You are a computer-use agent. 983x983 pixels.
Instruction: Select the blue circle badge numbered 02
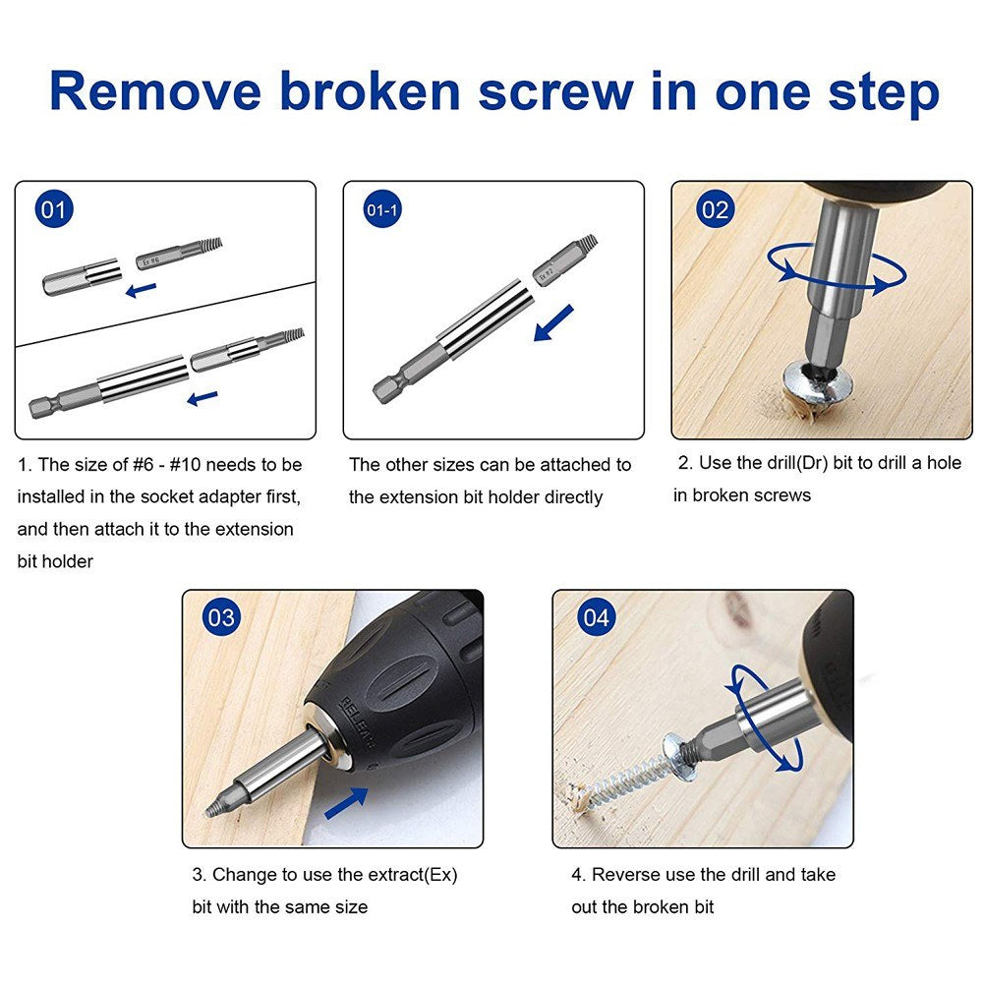coord(715,210)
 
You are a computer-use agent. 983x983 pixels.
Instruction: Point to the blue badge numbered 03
coord(221,617)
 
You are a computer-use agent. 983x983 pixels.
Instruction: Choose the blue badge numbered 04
coord(596,617)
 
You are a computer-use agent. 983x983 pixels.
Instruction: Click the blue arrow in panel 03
coord(345,801)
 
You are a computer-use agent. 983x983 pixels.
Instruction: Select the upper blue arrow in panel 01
coord(142,289)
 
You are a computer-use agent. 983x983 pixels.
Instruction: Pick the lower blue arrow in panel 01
coord(202,398)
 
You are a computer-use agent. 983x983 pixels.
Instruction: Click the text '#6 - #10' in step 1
coord(192,465)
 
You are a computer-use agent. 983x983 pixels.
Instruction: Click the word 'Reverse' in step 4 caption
coord(625,874)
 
